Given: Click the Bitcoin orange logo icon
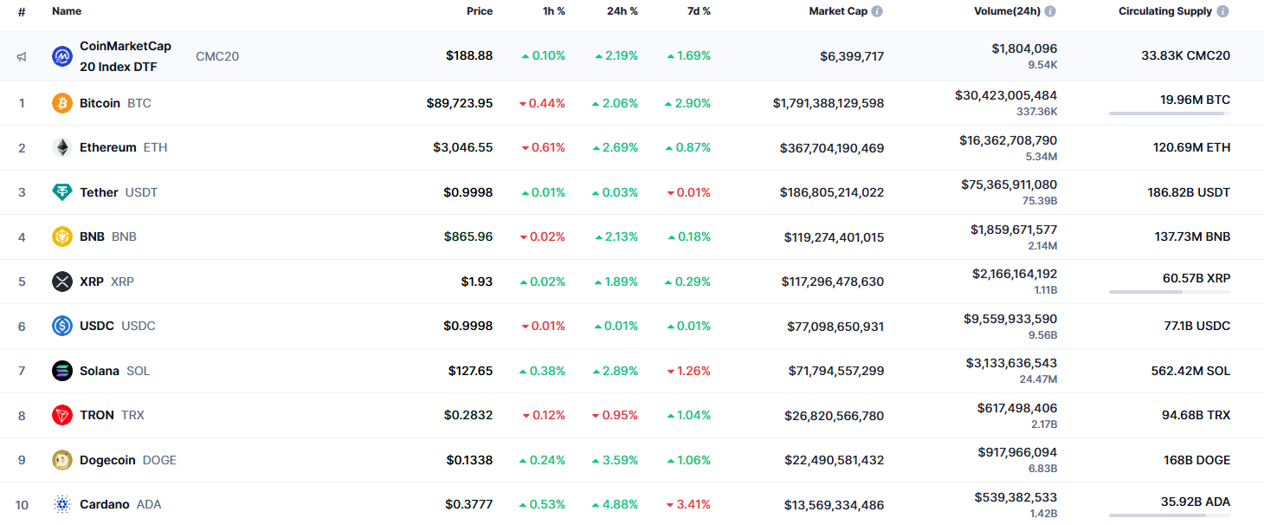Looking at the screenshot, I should (62, 103).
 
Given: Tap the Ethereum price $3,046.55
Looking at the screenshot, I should (463, 147).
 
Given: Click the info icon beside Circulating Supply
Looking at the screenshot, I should (1222, 11).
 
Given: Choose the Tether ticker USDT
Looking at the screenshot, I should (141, 192).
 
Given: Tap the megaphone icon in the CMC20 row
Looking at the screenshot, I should (22, 56).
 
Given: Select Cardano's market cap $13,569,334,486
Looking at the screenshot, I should (834, 504).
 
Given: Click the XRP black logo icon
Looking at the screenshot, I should (62, 282).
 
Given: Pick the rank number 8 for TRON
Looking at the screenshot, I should (22, 416).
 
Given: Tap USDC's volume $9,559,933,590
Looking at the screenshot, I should (1010, 319).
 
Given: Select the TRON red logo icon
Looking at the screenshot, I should (62, 416).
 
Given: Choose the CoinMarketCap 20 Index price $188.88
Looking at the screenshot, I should (469, 55).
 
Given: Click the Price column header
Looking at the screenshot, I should (480, 11).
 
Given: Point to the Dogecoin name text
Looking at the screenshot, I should (107, 460).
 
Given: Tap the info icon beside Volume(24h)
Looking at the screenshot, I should (1050, 11).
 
